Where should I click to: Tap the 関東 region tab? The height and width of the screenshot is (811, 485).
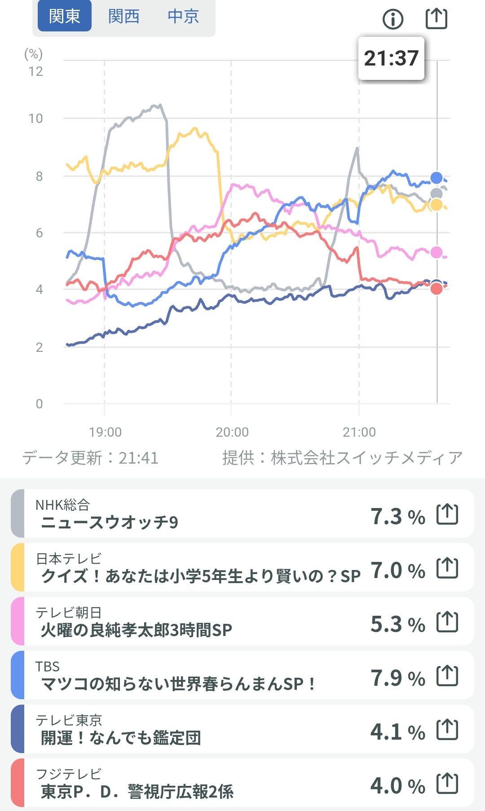tap(64, 16)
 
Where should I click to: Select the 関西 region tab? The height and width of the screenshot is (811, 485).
tap(123, 16)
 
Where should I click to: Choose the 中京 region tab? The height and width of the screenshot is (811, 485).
tap(183, 16)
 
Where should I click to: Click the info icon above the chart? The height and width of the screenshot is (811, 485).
tap(393, 19)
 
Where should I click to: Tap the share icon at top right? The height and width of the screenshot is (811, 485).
tap(436, 18)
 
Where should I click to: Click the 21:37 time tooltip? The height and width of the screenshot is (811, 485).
tap(391, 58)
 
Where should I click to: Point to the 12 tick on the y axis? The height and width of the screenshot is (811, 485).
tap(36, 71)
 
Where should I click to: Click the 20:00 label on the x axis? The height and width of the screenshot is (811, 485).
tap(232, 432)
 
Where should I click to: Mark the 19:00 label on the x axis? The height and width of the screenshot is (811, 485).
tap(105, 432)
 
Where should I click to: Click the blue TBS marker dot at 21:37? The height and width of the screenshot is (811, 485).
tap(436, 178)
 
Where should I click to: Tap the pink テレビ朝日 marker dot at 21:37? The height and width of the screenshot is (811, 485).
tap(436, 252)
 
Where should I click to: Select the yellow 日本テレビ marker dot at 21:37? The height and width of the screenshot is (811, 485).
tap(436, 205)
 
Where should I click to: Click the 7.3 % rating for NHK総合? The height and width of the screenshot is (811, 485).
tap(397, 517)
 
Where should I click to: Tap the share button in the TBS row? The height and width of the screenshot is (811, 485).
tap(447, 676)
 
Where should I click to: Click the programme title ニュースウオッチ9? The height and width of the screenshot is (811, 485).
tap(110, 522)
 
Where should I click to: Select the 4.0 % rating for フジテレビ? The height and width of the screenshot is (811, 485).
tap(397, 786)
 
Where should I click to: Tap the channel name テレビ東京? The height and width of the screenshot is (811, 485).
tap(69, 720)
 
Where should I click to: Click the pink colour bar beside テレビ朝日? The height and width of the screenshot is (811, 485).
tap(18, 621)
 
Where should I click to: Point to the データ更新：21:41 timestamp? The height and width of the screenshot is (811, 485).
tap(90, 458)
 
